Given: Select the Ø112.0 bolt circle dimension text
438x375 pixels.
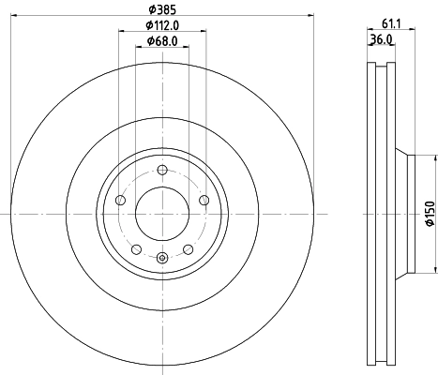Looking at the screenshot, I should click(161, 26).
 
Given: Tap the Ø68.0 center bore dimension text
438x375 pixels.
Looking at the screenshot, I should click(162, 43).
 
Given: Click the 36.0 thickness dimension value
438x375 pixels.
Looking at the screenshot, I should click(381, 40).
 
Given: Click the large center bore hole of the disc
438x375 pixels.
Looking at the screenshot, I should click(162, 214).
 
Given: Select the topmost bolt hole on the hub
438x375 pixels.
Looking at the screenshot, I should click(162, 170).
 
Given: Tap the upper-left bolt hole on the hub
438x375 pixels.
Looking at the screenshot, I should click(119, 201).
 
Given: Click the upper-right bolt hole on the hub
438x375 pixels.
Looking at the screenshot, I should click(205, 201).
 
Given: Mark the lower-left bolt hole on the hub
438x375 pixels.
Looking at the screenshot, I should click(136, 249).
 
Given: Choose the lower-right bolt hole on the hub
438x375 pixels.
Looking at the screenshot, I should click(189, 249).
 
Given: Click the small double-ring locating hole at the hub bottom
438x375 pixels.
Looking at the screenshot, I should click(162, 259).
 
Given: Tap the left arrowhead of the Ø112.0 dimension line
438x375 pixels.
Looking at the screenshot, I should click(121, 33).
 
